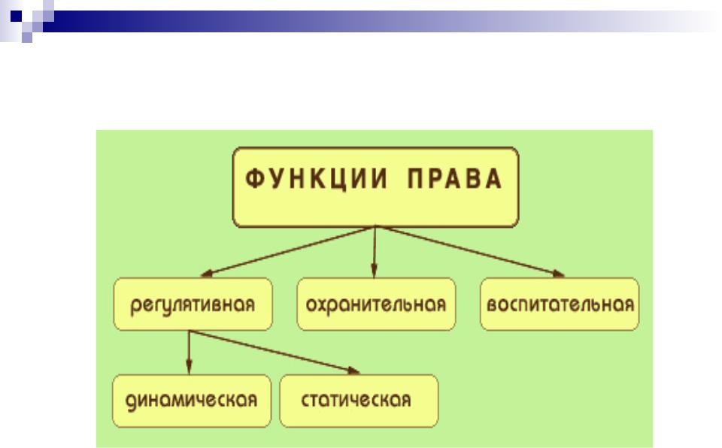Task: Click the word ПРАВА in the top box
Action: tap(455, 179)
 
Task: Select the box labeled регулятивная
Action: tap(193, 304)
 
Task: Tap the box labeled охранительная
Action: tap(376, 304)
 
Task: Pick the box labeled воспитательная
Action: tap(560, 304)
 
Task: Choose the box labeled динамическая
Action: tap(192, 401)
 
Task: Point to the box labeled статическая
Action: tap(359, 401)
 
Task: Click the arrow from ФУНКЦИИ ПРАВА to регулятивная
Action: tap(288, 251)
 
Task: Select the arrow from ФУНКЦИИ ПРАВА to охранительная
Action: tap(375, 252)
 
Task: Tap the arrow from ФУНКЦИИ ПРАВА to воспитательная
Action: tap(470, 251)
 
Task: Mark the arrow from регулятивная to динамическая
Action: tap(189, 353)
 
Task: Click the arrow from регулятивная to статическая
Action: tap(275, 352)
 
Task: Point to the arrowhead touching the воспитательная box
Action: tap(559, 274)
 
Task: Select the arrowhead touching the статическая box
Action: tap(353, 370)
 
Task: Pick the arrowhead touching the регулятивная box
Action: tap(208, 274)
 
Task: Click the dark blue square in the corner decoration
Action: tap(16, 16)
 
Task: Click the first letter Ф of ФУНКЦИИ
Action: tap(253, 179)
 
